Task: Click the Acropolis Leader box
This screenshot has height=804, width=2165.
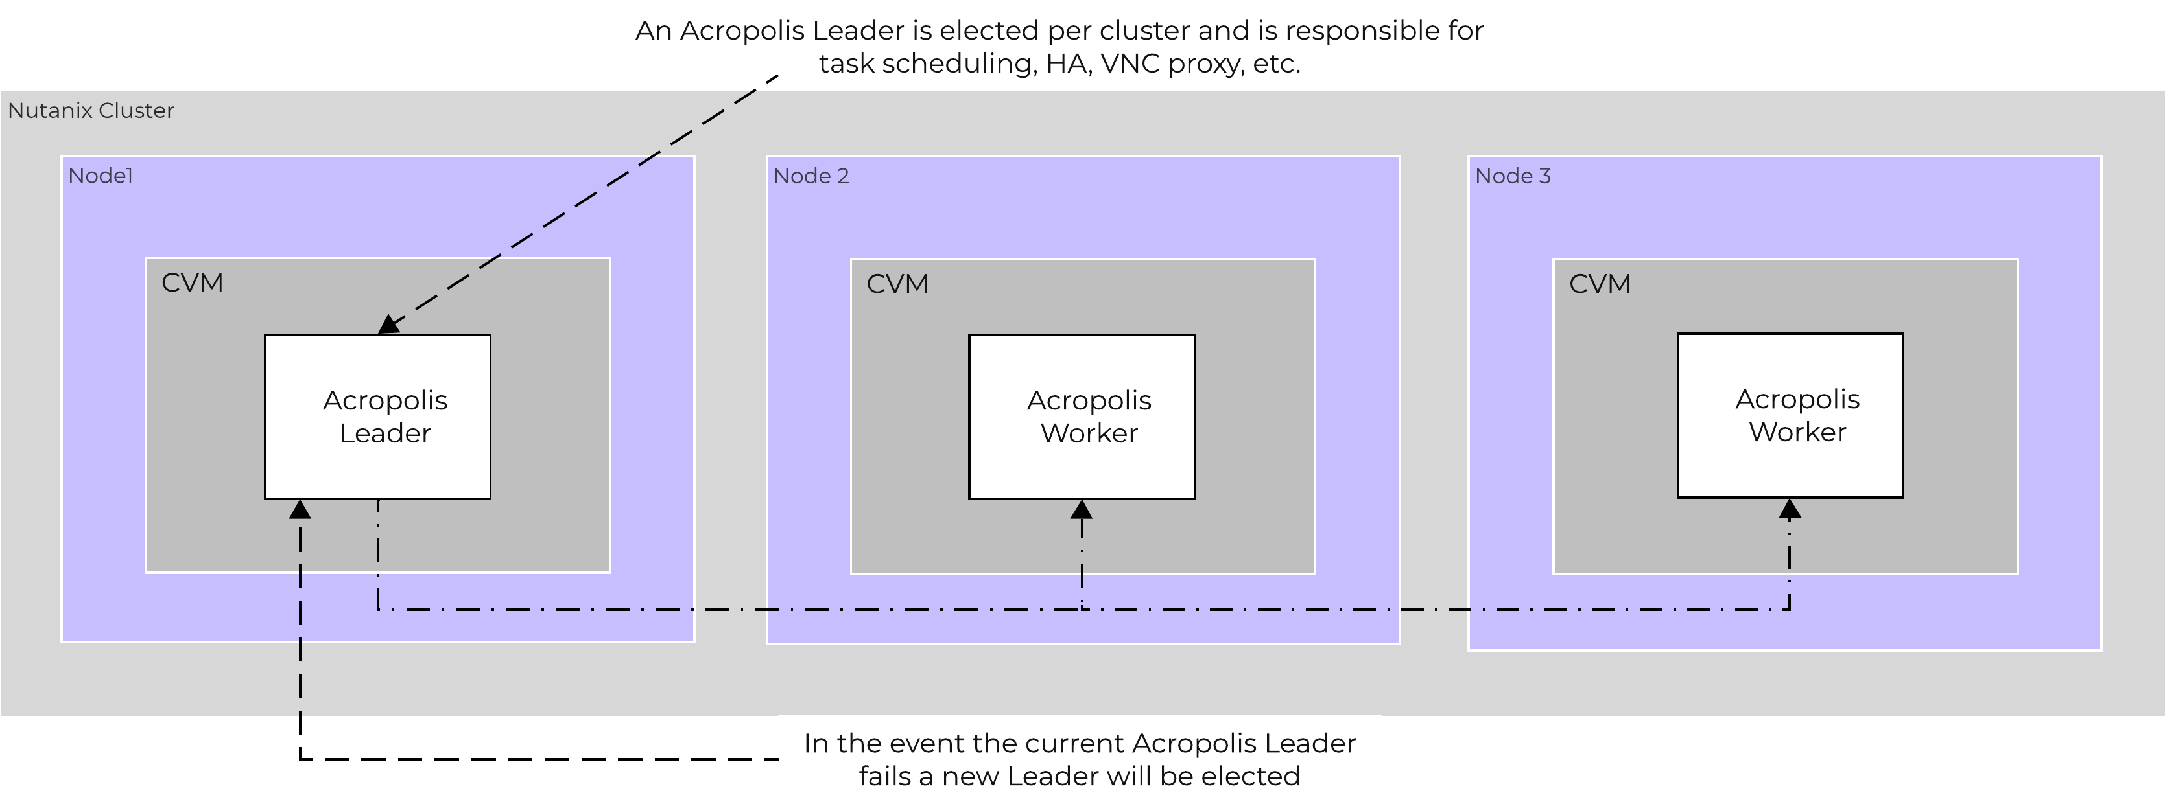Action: [377, 417]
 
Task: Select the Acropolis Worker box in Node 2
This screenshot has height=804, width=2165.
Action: [1082, 417]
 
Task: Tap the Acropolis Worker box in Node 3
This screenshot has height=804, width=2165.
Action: [1790, 415]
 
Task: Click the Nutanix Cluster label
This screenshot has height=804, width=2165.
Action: [91, 111]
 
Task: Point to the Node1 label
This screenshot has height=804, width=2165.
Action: [100, 176]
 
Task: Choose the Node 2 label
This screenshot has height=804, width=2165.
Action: [811, 176]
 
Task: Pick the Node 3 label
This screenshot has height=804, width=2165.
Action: [1513, 176]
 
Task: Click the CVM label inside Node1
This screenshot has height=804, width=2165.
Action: [193, 283]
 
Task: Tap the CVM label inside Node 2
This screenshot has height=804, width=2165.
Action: [897, 284]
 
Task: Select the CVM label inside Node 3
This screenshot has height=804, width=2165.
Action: [1600, 284]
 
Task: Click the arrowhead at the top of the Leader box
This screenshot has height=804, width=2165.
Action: [388, 325]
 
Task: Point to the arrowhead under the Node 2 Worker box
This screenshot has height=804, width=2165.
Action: [1082, 509]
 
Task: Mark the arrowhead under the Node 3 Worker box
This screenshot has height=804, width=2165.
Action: [1790, 509]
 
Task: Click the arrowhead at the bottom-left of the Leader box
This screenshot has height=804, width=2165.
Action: [300, 509]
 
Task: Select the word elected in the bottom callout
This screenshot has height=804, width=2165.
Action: [1251, 776]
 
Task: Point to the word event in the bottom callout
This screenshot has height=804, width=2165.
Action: [930, 744]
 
